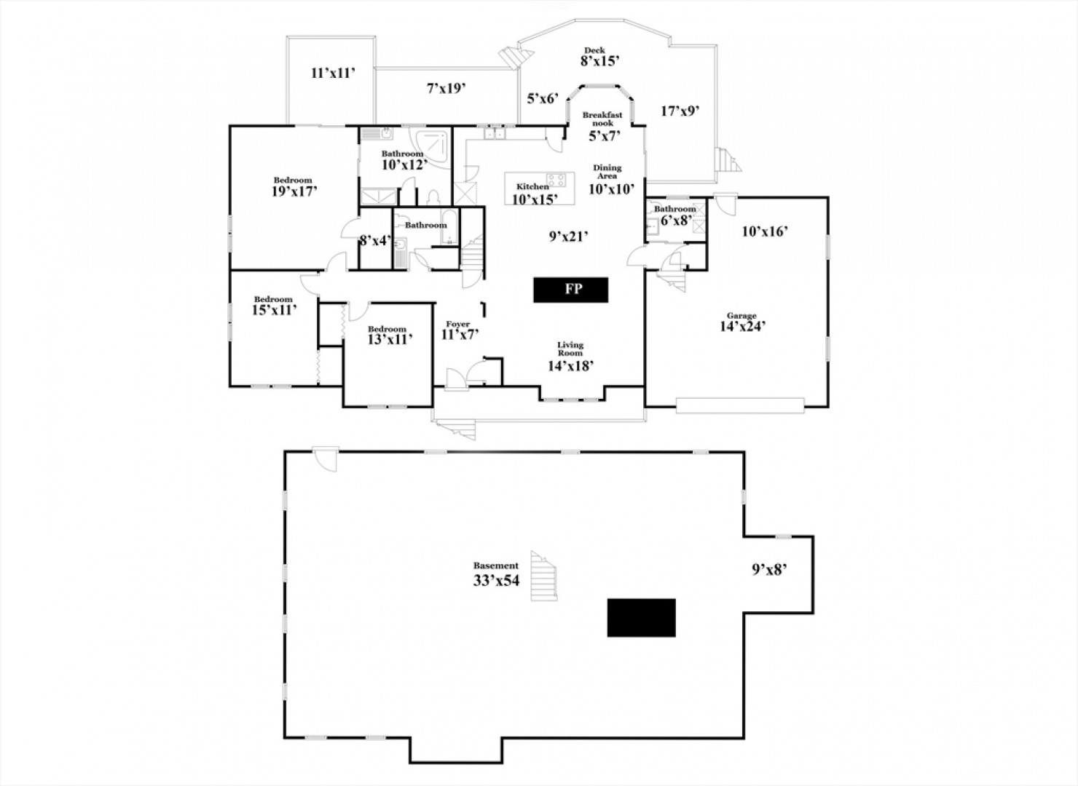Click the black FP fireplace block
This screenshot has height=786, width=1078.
pos(570,290)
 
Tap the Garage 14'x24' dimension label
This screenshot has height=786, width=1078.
pos(742,327)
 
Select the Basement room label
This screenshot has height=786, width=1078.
pos(496,565)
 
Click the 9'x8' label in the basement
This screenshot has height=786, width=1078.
pos(769,570)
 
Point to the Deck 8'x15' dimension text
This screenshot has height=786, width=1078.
pos(599,60)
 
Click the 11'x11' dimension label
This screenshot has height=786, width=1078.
pos(333,73)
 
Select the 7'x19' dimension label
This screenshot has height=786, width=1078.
pos(446,89)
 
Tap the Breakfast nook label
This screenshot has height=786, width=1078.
pos(602,119)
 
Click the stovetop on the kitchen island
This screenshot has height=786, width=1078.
pos(556,180)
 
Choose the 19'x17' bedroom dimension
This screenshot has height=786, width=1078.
pos(294,191)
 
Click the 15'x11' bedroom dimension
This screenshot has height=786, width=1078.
pos(274,310)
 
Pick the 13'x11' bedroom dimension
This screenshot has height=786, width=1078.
pos(390,339)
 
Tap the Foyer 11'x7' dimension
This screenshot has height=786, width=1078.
pos(460,335)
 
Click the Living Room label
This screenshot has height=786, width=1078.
pos(570,349)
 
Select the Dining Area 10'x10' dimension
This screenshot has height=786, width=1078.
pos(612,189)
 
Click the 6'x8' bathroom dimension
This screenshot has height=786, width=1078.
pos(677,221)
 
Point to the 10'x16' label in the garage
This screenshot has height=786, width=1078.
pos(765,231)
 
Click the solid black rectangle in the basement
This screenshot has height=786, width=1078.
pos(641,618)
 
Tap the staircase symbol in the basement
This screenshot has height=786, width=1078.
pos(544,576)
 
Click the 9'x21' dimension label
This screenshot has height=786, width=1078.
pos(569,237)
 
